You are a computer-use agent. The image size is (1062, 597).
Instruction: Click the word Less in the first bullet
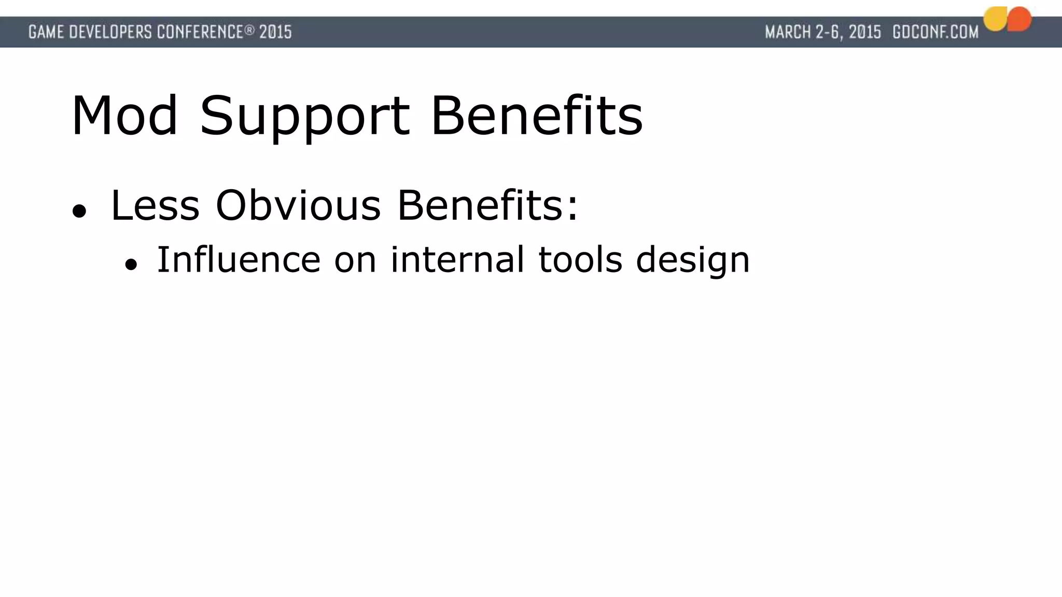coord(155,206)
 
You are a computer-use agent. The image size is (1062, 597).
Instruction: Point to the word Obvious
coord(298,206)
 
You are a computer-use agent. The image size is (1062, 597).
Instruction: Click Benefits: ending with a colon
coord(487,206)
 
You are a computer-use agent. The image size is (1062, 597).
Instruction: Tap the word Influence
coord(239,260)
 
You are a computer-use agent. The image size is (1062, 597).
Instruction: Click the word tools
coord(580,260)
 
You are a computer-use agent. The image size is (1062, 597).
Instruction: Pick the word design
coord(693,261)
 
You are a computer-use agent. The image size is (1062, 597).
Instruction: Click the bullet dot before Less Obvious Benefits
coord(79,211)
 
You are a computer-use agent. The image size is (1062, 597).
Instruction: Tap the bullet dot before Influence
coord(131,265)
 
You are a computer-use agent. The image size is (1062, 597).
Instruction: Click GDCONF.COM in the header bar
coord(935,32)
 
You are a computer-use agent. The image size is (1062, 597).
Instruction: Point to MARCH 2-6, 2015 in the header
coord(823,32)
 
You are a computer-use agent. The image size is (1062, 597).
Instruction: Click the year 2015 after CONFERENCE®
coord(275,32)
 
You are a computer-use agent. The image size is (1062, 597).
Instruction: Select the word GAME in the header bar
coord(46,32)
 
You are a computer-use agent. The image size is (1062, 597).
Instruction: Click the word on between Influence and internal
coord(355,260)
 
